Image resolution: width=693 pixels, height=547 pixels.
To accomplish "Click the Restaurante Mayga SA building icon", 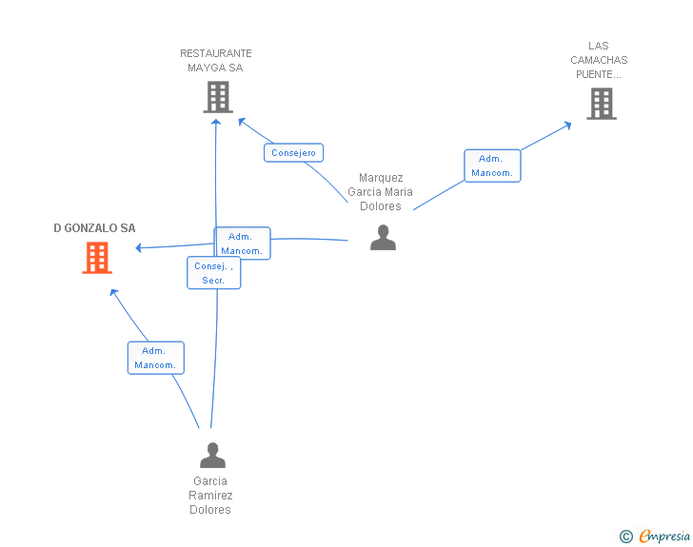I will point(218,96).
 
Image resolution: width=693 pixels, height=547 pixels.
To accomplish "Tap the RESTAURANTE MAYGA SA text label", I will point(216,61).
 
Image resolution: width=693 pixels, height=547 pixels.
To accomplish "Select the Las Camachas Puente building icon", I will point(601,103).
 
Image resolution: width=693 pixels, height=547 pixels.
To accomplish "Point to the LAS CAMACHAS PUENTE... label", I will point(599,60).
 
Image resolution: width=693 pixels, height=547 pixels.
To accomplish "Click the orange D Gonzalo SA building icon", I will point(97,257).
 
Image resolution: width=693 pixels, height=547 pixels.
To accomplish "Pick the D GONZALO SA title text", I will point(94,228).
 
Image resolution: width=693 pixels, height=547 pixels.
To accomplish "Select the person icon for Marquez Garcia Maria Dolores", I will point(383,237).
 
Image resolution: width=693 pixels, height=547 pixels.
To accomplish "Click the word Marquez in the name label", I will point(381,178).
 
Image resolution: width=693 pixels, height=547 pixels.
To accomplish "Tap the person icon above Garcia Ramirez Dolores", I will point(212,455).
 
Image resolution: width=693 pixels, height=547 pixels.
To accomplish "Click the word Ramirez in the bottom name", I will point(210,496).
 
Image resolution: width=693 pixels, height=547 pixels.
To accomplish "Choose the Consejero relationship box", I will point(293,152).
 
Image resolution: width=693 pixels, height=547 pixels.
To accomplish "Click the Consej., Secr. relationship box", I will point(213,273).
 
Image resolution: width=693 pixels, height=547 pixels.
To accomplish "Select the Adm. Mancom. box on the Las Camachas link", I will point(492,166).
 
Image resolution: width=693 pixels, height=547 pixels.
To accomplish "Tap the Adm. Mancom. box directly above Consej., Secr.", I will point(242,244).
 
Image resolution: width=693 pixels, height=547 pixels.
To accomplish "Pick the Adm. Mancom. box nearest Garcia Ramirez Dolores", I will point(155,358).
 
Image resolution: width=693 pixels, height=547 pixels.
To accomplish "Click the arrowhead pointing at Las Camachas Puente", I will point(567,124).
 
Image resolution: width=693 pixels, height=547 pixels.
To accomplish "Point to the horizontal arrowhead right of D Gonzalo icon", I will point(140,248).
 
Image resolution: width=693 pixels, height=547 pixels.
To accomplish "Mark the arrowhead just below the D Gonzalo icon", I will point(113,292).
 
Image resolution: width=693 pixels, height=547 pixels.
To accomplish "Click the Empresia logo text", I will point(664,537).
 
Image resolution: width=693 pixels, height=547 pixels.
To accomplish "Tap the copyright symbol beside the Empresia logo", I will point(625,537).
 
